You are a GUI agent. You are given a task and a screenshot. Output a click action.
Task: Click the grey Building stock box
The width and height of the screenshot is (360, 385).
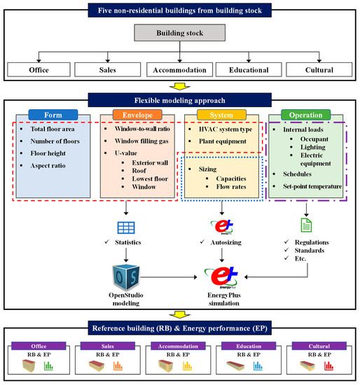click(180, 33)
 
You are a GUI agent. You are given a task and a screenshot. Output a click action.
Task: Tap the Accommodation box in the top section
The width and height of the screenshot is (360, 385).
click(180, 70)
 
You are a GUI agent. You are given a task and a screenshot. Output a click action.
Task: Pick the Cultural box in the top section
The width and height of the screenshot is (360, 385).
click(319, 70)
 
